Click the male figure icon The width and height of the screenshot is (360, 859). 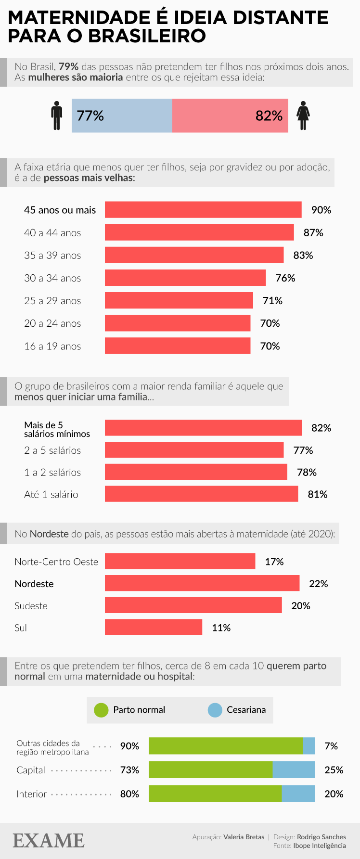pyautogui.click(x=57, y=115)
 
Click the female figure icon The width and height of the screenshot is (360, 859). pyautogui.click(x=303, y=115)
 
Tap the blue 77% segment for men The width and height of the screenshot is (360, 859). pyautogui.click(x=122, y=115)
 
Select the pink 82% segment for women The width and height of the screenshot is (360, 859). pyautogui.click(x=230, y=115)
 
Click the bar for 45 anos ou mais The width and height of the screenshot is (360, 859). pyautogui.click(x=203, y=210)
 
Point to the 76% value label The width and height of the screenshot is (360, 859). pyautogui.click(x=285, y=278)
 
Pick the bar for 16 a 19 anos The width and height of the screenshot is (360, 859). pyautogui.click(x=178, y=346)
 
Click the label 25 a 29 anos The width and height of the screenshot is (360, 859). pyautogui.click(x=52, y=301)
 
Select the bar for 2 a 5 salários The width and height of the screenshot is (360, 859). pyautogui.click(x=194, y=450)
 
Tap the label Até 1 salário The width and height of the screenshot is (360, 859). pyautogui.click(x=51, y=494)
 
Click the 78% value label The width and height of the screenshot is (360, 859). pyautogui.click(x=307, y=472)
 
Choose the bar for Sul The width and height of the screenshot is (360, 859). pyautogui.click(x=154, y=628)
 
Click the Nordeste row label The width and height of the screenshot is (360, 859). pyautogui.click(x=34, y=584)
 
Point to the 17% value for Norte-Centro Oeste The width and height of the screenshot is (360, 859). pyautogui.click(x=274, y=562)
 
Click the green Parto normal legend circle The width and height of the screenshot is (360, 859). pyautogui.click(x=101, y=710)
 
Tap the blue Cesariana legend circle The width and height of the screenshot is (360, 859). pyautogui.click(x=215, y=710)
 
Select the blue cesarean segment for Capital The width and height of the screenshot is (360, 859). pyautogui.click(x=294, y=770)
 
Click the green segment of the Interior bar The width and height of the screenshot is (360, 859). pyautogui.click(x=215, y=794)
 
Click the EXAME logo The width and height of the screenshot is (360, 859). pyautogui.click(x=49, y=841)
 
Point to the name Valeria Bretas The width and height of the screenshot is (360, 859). pyautogui.click(x=244, y=837)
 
